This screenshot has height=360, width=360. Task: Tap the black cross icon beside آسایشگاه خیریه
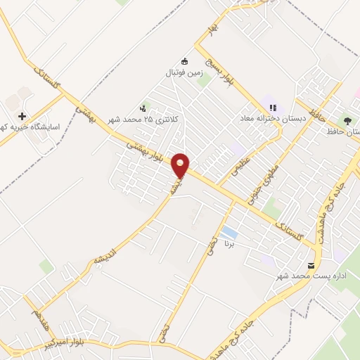[x=22, y=117]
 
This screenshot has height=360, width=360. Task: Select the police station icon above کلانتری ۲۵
[x=144, y=108]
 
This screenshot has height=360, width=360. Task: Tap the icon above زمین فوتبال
[x=184, y=60]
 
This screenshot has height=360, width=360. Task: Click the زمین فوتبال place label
[x=184, y=72]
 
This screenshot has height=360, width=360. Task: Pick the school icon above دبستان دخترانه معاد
[x=274, y=107]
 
